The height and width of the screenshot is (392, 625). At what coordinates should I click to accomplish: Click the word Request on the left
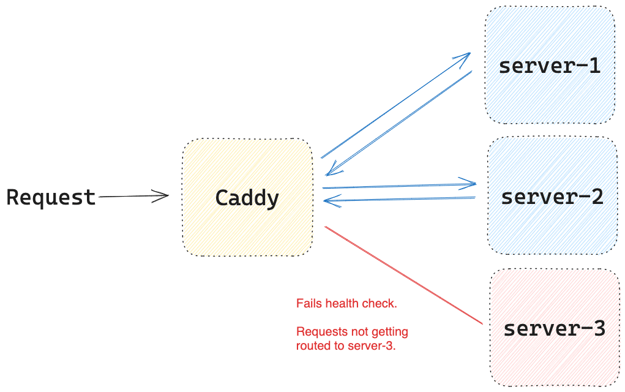pos(51,197)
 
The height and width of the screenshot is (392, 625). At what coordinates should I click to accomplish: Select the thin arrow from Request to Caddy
pos(133,197)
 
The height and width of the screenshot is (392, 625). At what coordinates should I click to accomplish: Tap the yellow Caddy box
pos(249,197)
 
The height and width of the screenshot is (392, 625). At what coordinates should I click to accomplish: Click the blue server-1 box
pos(551,66)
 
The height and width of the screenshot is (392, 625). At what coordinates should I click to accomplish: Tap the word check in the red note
pos(380,303)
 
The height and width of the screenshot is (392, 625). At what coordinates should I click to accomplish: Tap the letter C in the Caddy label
pos(223,197)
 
